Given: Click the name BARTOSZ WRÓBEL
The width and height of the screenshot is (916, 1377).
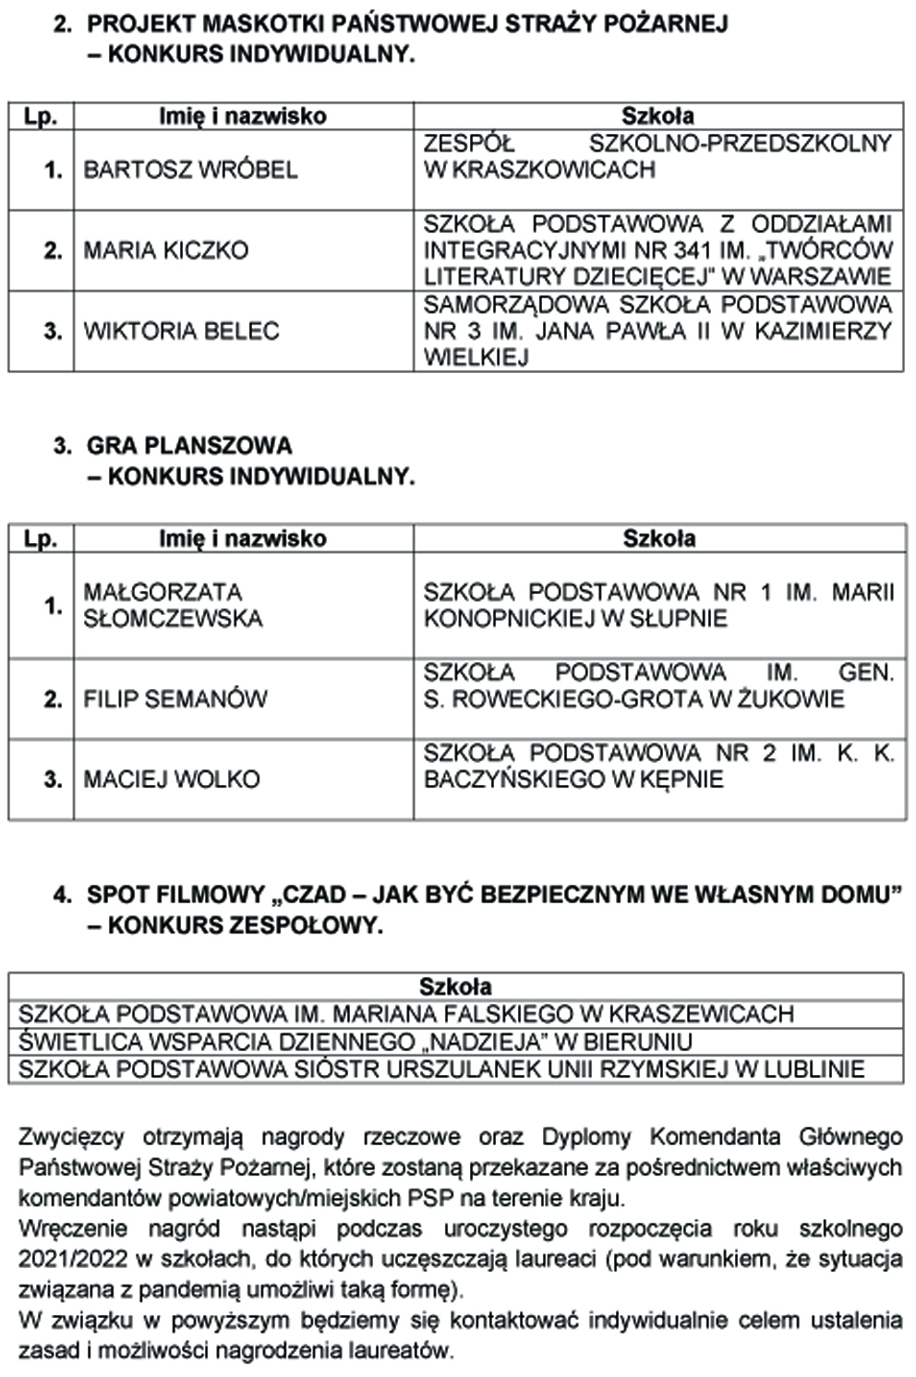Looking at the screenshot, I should coord(190,170).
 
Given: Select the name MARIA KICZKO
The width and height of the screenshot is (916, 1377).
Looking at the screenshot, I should coord(166,250).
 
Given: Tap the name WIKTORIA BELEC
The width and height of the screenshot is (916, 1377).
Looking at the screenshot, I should coord(181,331).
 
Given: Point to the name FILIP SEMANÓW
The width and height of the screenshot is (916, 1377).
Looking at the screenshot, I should coord(175,698).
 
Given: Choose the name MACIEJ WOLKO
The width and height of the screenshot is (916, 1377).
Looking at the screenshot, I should coord(172,779).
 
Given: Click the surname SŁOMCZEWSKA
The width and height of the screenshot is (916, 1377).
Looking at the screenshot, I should coord(173,619).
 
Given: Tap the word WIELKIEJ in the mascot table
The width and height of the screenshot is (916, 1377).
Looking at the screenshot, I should coord(476,357).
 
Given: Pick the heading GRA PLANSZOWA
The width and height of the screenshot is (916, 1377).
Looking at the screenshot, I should coord(189,446).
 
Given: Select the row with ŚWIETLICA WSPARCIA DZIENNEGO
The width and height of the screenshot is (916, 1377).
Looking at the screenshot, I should coord(356,1042).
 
